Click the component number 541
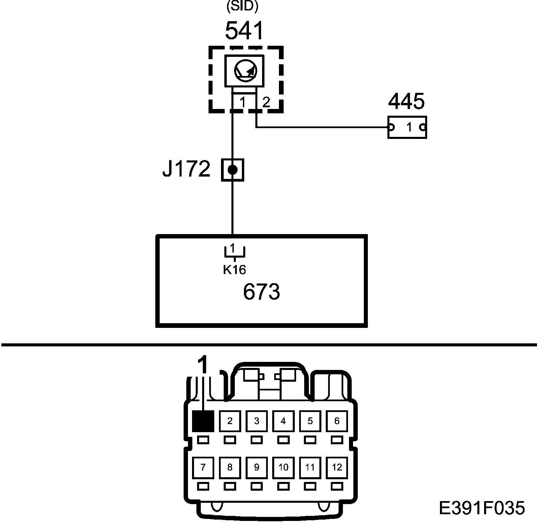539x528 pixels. click(244, 31)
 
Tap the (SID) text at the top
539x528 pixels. click(242, 7)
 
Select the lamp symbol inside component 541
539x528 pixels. click(245, 71)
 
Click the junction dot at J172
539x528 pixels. click(232, 170)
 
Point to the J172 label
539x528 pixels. click(186, 169)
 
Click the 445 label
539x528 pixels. click(407, 101)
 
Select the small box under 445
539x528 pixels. click(407, 127)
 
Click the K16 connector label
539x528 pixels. click(234, 269)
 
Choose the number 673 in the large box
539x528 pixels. click(261, 292)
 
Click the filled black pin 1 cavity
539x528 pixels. click(203, 421)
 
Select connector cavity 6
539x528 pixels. click(337, 421)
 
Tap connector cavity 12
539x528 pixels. click(337, 467)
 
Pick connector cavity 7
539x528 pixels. click(203, 467)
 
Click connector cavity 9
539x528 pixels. click(257, 467)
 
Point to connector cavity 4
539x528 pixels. click(283, 421)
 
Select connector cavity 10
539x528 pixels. click(283, 467)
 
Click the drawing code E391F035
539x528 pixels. click(482, 508)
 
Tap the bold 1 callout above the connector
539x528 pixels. click(203, 365)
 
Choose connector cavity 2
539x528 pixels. click(230, 421)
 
